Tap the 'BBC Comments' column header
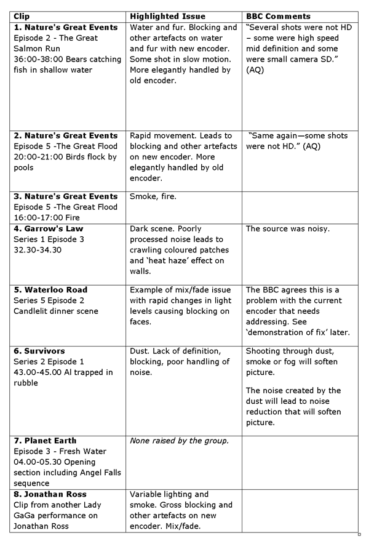point(278,17)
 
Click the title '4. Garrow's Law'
point(45,228)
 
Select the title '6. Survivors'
point(39,351)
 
